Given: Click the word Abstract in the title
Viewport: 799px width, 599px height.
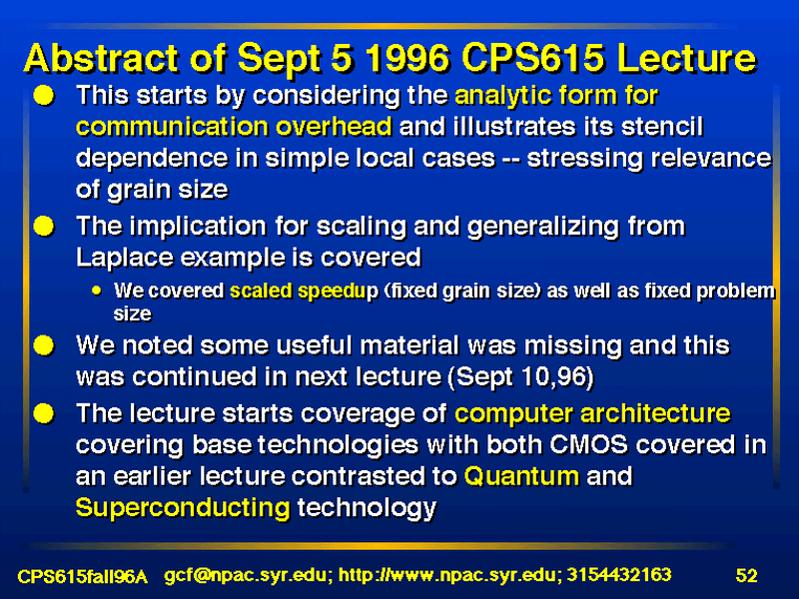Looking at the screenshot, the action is point(102,58).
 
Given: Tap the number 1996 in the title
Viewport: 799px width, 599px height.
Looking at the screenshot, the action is point(407,58).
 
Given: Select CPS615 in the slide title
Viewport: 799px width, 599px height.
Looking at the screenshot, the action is point(534,58).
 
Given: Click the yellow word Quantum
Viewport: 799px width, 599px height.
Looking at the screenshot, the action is point(521,477).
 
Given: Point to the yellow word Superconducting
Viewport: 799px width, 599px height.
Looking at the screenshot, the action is point(183,509).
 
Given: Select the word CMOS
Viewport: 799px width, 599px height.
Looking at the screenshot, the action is point(588,444).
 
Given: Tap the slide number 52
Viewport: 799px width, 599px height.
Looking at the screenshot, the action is point(746,576).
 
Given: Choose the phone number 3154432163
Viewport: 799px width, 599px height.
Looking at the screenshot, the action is point(619,576).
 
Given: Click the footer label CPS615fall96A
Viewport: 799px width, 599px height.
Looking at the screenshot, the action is point(82,577).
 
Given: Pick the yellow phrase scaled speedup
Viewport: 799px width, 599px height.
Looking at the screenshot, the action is point(304,292).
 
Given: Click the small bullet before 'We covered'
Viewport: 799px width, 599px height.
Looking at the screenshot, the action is point(97,291).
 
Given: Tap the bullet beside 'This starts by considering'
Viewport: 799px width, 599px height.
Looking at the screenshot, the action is point(44,95).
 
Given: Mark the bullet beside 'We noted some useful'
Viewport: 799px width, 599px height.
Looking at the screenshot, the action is point(44,345).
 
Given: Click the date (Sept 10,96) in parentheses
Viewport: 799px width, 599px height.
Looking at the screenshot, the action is point(520,377).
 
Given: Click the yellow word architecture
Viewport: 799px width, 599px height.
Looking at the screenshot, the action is point(655,413).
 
